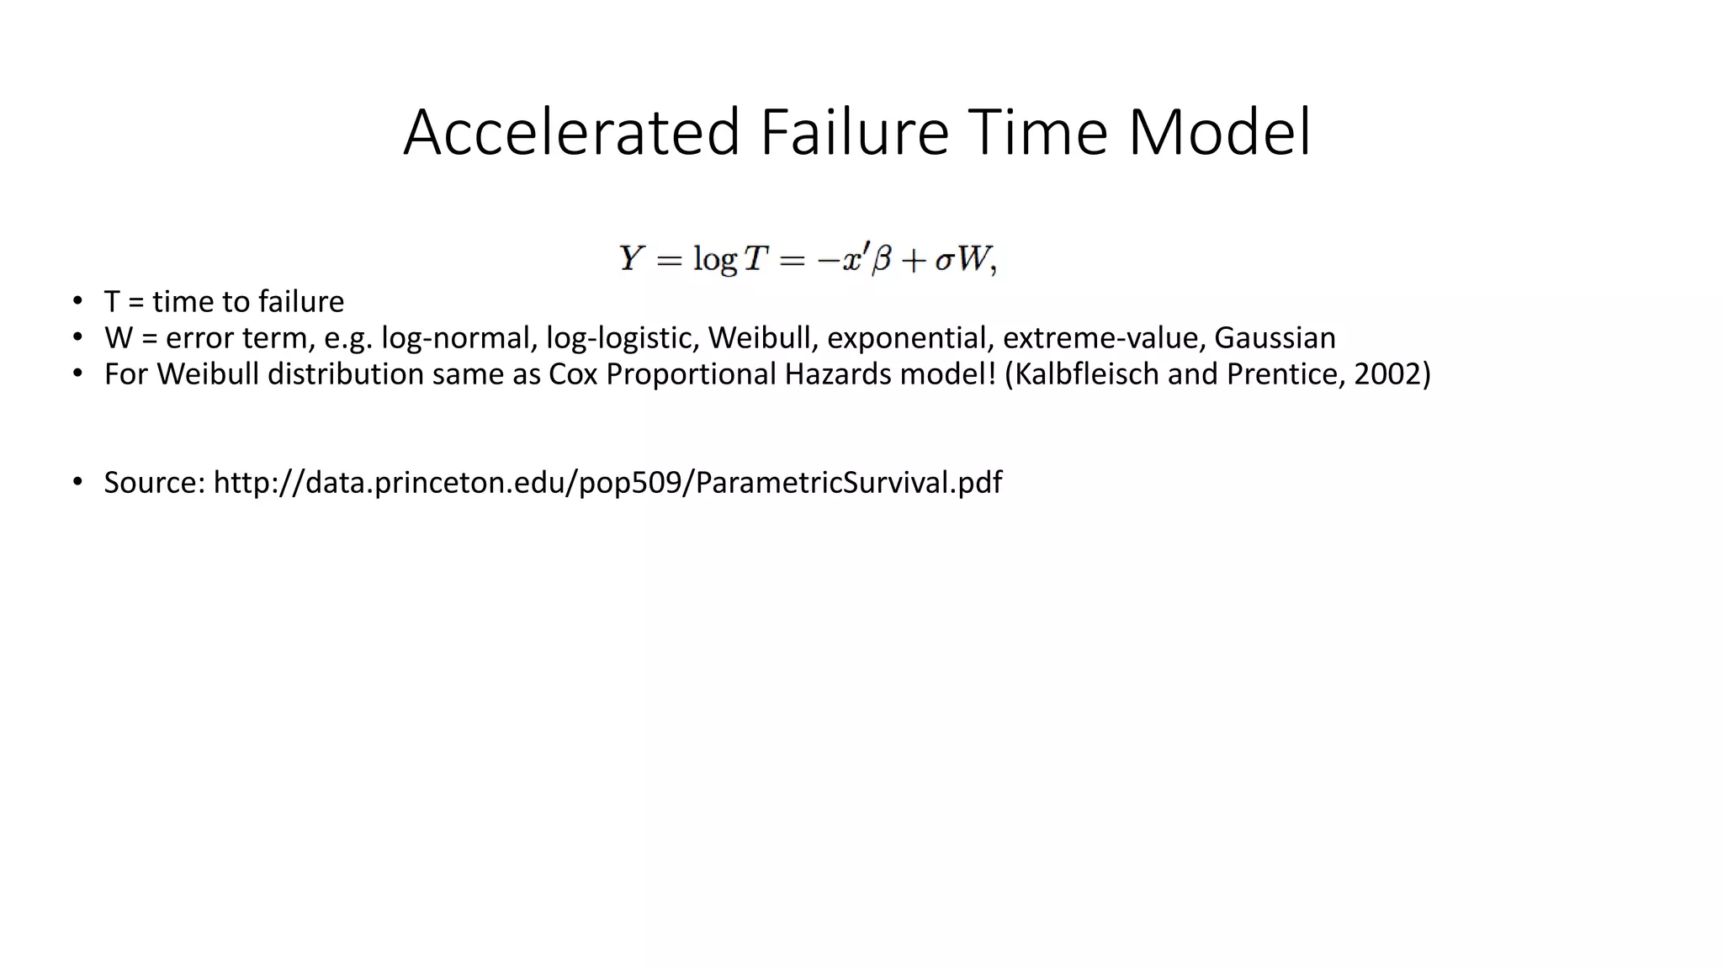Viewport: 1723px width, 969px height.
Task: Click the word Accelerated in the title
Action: pos(571,133)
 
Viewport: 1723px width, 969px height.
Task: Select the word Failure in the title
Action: pos(854,133)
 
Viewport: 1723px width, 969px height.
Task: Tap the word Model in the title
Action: pos(1219,133)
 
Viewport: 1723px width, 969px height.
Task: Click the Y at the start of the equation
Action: pos(631,258)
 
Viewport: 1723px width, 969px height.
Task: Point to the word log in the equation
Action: pos(714,259)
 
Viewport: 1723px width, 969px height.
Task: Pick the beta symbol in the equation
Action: pos(880,260)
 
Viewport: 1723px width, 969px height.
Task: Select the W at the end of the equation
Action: pos(974,259)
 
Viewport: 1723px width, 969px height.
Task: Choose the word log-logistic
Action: pos(623,338)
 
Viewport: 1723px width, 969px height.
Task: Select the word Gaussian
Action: pos(1275,338)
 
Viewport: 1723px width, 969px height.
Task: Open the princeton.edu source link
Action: pos(607,483)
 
